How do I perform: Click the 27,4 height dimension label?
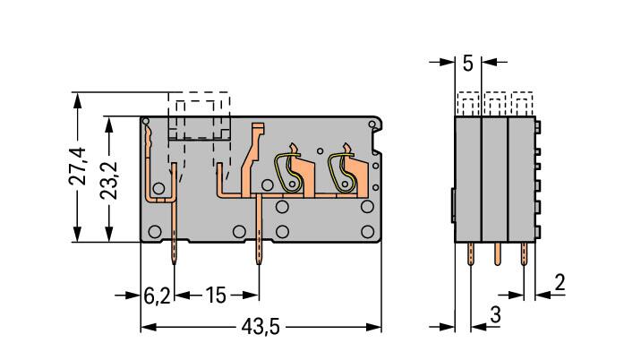point(77,167)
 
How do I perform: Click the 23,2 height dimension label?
point(108,180)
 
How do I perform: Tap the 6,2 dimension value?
point(157,296)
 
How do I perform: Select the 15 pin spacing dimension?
point(215,296)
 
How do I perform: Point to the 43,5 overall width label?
point(261,327)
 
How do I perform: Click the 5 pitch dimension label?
point(468,64)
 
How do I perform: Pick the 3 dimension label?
point(495,314)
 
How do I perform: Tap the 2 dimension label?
point(560,282)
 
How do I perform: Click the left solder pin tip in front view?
point(174,262)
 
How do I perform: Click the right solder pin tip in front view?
point(259,262)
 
